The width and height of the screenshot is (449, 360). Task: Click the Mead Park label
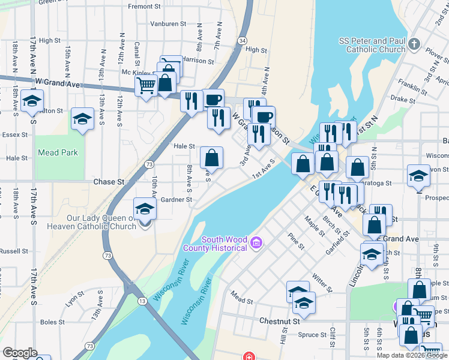click(x=58, y=152)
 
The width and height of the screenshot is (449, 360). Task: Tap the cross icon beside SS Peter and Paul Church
click(x=414, y=44)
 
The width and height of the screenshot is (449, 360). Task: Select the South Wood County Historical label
click(x=224, y=244)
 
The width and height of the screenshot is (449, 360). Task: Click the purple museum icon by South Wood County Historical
click(x=256, y=243)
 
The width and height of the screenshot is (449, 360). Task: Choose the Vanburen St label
click(x=164, y=24)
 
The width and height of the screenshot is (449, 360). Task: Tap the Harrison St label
click(x=199, y=61)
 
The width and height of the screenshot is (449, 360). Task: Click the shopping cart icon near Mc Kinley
click(x=146, y=86)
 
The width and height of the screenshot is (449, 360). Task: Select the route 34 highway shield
click(x=241, y=40)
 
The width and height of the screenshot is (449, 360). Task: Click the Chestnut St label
click(x=279, y=322)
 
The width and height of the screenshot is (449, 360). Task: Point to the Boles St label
click(x=52, y=322)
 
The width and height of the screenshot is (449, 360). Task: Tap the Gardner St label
click(x=176, y=200)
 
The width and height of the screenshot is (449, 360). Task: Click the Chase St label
click(x=109, y=181)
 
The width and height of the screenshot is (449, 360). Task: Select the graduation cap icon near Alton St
click(x=32, y=101)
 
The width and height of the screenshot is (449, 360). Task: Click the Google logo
click(x=20, y=353)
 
